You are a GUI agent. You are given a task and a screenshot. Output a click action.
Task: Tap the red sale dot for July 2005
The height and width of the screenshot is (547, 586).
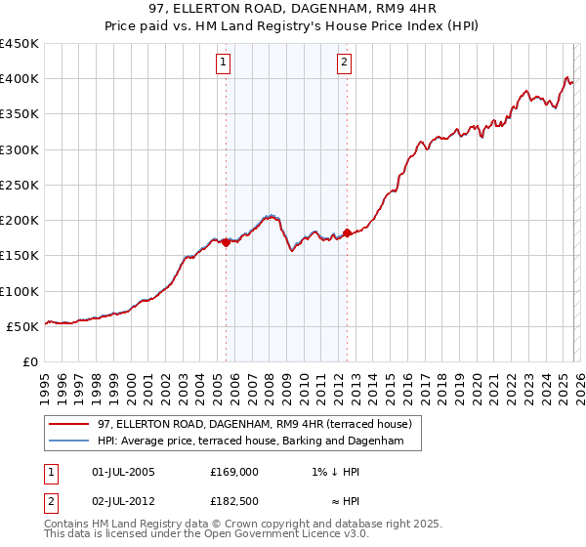[226, 243]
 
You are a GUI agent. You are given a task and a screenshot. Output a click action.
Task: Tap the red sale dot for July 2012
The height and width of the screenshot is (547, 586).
[347, 233]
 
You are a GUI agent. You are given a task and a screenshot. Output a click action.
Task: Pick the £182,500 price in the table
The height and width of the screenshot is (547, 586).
[234, 503]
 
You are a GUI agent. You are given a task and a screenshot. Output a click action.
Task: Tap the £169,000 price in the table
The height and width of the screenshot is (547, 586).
[234, 472]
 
